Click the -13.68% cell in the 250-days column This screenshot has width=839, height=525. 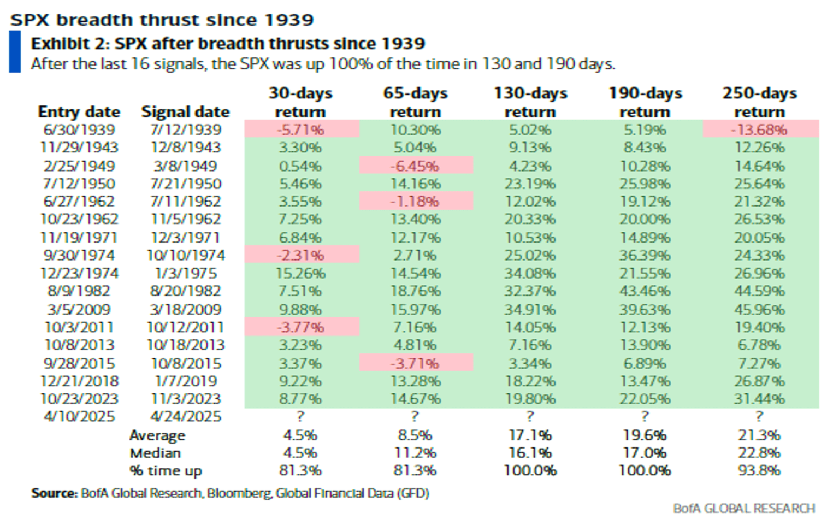[760, 129]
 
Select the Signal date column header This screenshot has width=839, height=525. [185, 111]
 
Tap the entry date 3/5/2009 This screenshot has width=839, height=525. [79, 309]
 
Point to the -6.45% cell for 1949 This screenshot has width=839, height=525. [415, 166]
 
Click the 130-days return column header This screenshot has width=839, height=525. [530, 102]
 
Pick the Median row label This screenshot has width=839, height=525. [155, 453]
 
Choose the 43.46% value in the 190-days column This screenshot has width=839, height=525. [645, 291]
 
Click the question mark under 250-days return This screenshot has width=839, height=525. [759, 416]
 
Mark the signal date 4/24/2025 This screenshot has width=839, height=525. [186, 416]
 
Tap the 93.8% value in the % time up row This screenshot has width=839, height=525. [759, 470]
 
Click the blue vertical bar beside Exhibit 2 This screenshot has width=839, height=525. [15, 52]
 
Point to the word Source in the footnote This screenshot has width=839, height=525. [54, 493]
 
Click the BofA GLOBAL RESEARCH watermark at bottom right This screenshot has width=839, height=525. [744, 509]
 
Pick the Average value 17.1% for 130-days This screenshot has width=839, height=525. [530, 435]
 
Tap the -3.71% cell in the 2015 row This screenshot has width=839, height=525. [415, 363]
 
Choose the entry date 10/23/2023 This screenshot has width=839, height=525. [79, 399]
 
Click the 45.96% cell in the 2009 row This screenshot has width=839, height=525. [759, 309]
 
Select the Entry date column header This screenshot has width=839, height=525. [79, 111]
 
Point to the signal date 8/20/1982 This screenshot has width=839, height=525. [186, 291]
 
